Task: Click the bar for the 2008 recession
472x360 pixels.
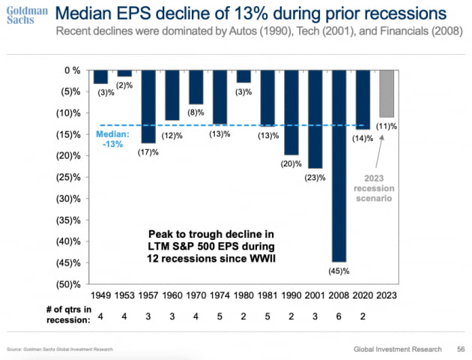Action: [339, 166]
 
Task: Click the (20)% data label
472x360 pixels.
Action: [292, 163]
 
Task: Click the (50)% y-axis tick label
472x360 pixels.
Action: [70, 283]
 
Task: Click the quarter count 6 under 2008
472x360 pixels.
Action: [339, 316]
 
